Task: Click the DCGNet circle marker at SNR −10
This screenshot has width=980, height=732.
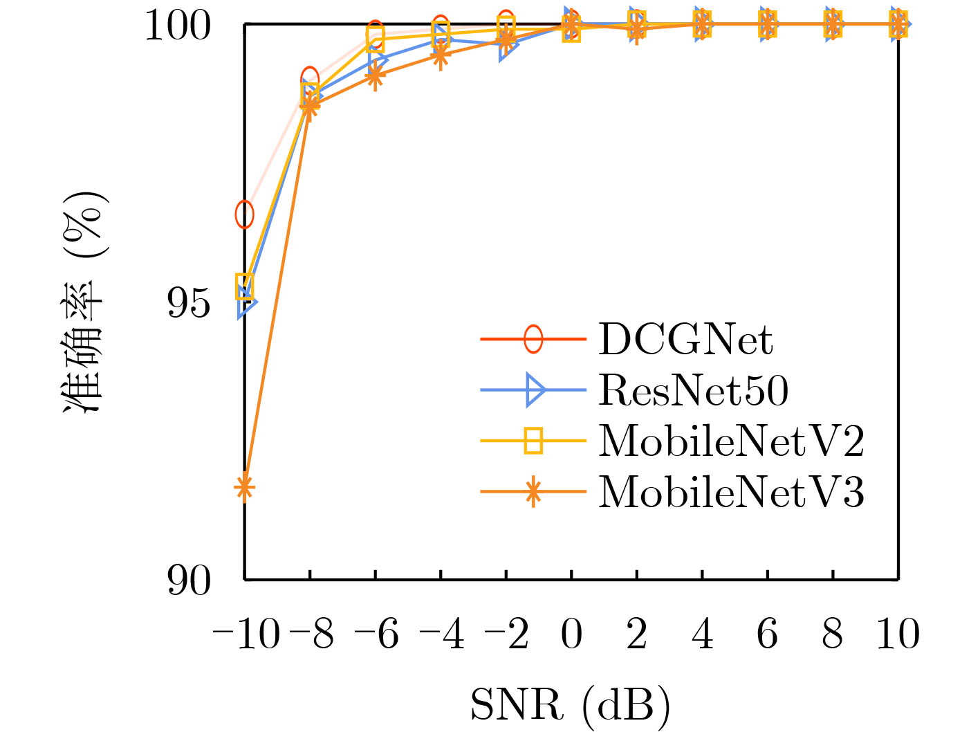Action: pyautogui.click(x=245, y=215)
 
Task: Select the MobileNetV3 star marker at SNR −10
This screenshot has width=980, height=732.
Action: pyautogui.click(x=245, y=488)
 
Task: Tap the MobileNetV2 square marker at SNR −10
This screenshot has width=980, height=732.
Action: pyautogui.click(x=245, y=286)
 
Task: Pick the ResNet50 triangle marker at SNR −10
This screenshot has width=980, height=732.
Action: pyautogui.click(x=246, y=303)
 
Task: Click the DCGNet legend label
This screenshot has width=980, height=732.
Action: pyautogui.click(x=685, y=339)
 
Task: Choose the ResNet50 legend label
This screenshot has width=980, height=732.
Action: pyautogui.click(x=693, y=390)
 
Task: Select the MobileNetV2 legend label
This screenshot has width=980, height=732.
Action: pyautogui.click(x=731, y=441)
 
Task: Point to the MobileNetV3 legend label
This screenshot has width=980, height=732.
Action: pyautogui.click(x=731, y=492)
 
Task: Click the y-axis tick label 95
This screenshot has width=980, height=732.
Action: pyautogui.click(x=189, y=303)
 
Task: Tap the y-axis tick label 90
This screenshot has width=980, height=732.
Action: pyautogui.click(x=189, y=580)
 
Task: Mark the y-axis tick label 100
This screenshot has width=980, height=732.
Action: pyautogui.click(x=178, y=26)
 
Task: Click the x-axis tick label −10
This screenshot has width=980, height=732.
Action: pyautogui.click(x=246, y=634)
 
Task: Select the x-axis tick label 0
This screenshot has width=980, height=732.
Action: pyautogui.click(x=572, y=634)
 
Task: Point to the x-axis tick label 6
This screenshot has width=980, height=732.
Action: pyautogui.click(x=768, y=634)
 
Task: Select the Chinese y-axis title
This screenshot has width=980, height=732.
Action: pyautogui.click(x=84, y=303)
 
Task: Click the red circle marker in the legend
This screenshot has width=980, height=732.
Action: pyautogui.click(x=533, y=339)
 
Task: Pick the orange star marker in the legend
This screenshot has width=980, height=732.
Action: pyautogui.click(x=533, y=492)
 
